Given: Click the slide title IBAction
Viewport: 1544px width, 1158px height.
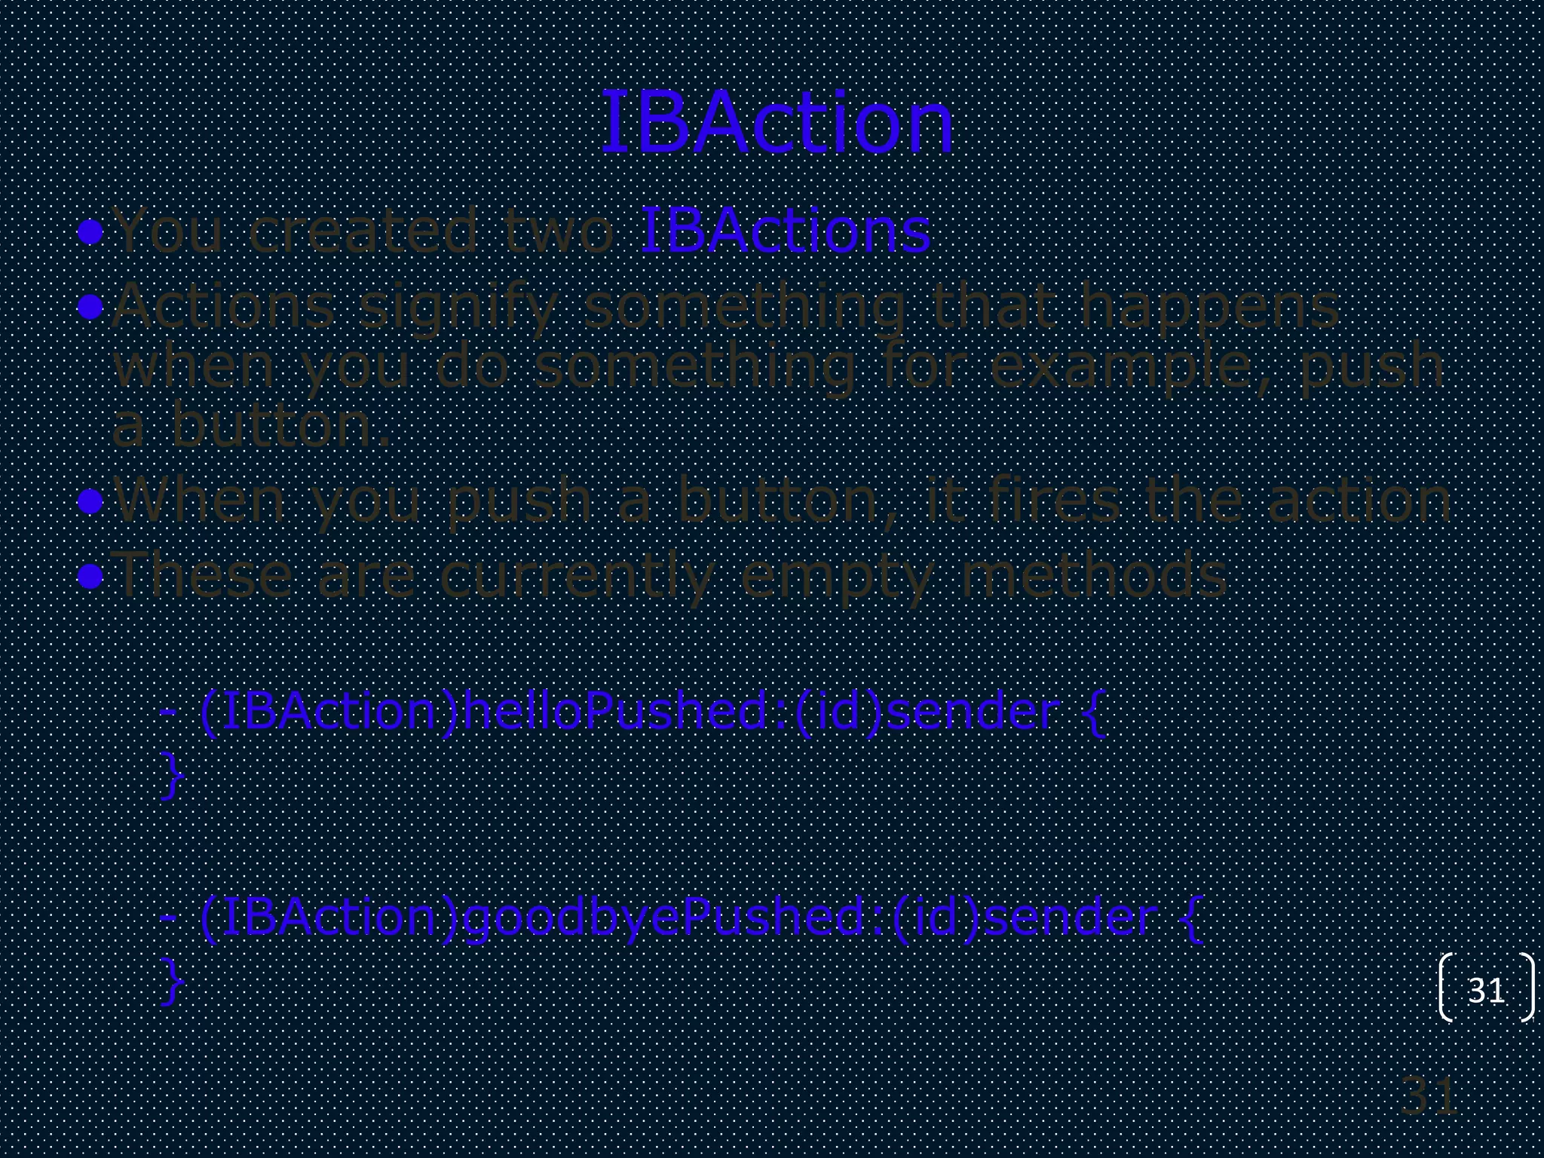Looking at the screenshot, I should coord(777,123).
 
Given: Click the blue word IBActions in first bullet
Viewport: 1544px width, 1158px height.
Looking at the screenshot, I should coord(784,231).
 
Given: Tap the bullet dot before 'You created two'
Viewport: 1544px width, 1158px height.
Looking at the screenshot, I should coord(90,231).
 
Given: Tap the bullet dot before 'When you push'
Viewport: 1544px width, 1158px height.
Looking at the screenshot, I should coord(90,501).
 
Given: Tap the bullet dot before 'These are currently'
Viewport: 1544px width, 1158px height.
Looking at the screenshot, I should coord(90,577).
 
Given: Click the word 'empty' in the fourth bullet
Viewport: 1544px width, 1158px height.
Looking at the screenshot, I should coord(837,577).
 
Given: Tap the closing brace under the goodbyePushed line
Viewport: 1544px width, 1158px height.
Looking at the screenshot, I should coord(173,981).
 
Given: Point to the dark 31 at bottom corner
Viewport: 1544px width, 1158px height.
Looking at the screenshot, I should coord(1429,1097).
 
